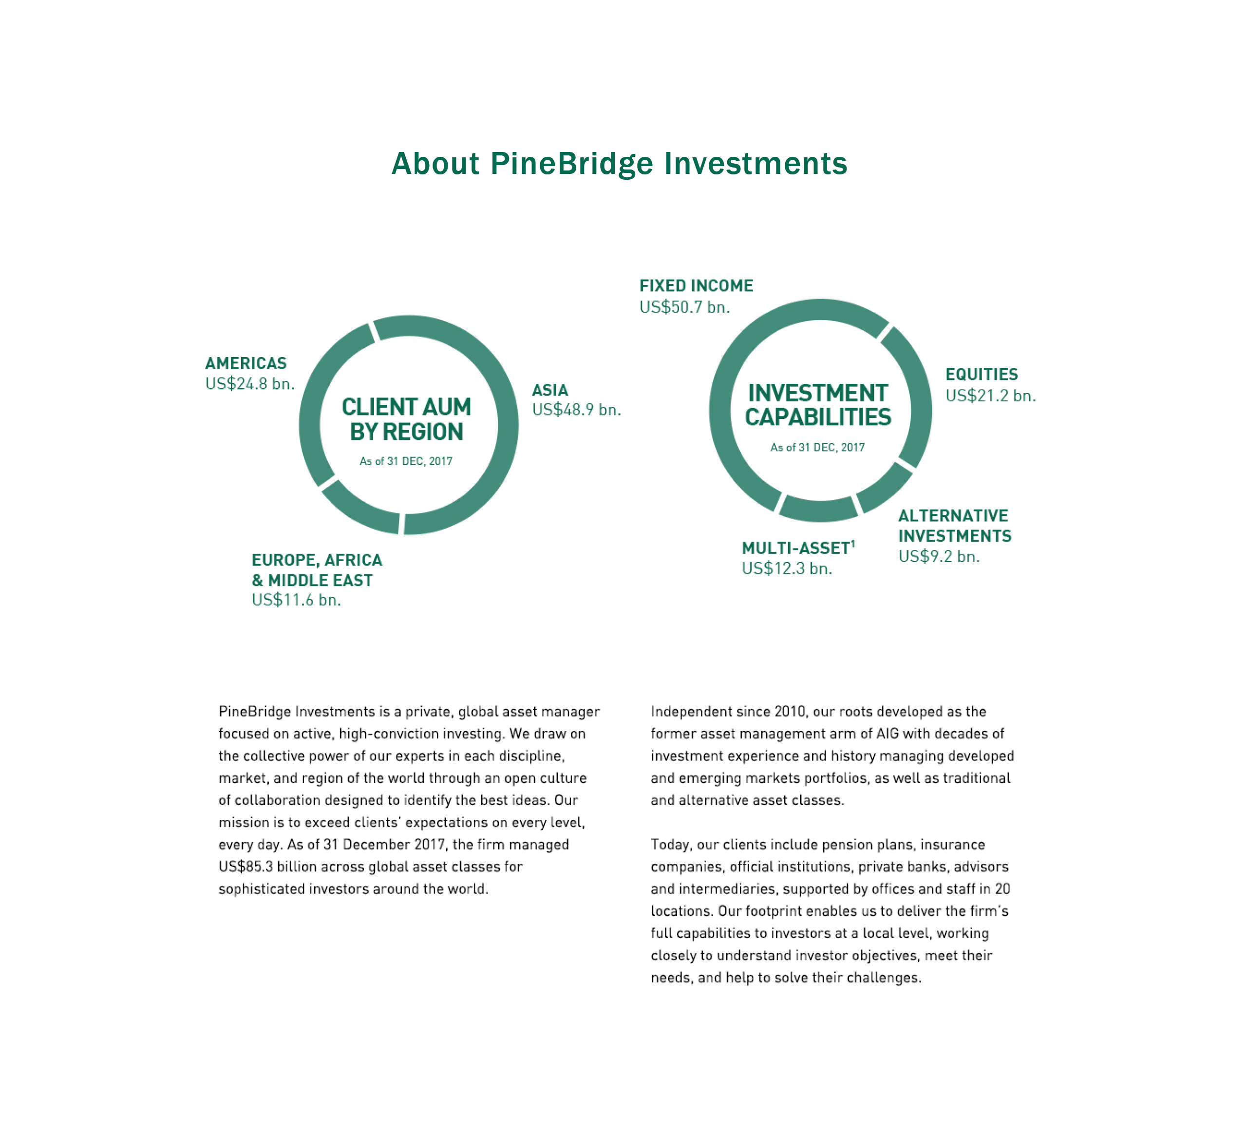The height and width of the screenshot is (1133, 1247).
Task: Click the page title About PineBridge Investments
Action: coord(619,164)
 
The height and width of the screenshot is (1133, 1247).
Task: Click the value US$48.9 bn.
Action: coord(576,410)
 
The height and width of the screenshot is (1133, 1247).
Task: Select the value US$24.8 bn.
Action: coord(249,384)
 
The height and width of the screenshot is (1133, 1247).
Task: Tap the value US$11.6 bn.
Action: coord(296,600)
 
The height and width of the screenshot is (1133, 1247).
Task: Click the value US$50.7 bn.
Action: coord(684,307)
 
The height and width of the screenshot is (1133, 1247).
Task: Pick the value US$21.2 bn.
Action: coord(990,396)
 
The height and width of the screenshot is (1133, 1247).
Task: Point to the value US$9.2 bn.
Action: coord(938,557)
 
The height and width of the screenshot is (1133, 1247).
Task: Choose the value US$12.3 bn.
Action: coord(786,568)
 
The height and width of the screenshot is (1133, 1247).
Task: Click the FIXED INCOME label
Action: coord(696,286)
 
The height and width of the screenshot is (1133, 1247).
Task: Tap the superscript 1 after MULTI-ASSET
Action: coord(852,544)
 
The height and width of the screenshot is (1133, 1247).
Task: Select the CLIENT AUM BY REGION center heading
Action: coord(406,419)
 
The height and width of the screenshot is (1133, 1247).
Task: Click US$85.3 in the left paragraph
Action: coord(246,867)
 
